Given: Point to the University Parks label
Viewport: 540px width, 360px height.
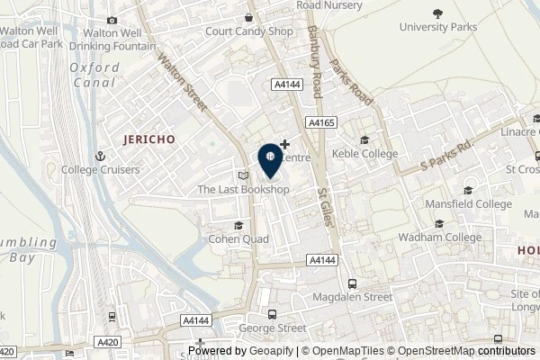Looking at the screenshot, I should point(437,27).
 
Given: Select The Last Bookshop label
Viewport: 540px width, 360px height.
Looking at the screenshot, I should point(243,190).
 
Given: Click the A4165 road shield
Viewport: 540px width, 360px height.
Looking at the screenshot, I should point(320,121).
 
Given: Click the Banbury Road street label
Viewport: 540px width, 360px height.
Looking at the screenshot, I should point(312,64).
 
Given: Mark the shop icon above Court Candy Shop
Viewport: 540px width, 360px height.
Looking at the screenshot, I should point(248,17).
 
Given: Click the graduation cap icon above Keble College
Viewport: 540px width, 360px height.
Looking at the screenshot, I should point(364,140).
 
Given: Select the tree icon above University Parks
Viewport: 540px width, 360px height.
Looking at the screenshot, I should point(437,13).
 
